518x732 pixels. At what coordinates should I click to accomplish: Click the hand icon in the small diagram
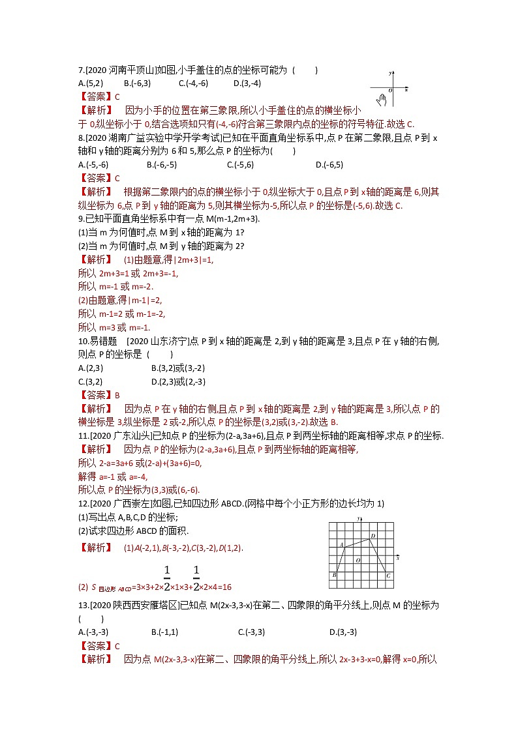[x=382, y=100]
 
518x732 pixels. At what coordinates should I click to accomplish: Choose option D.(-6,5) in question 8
[x=329, y=164]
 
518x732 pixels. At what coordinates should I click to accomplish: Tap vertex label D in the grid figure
[x=372, y=536]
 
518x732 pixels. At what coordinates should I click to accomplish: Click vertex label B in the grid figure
[x=333, y=575]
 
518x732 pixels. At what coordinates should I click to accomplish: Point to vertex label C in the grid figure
[x=388, y=576]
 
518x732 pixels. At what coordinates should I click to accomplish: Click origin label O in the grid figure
[x=357, y=559]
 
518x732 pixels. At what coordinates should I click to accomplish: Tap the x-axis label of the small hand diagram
[x=406, y=88]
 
